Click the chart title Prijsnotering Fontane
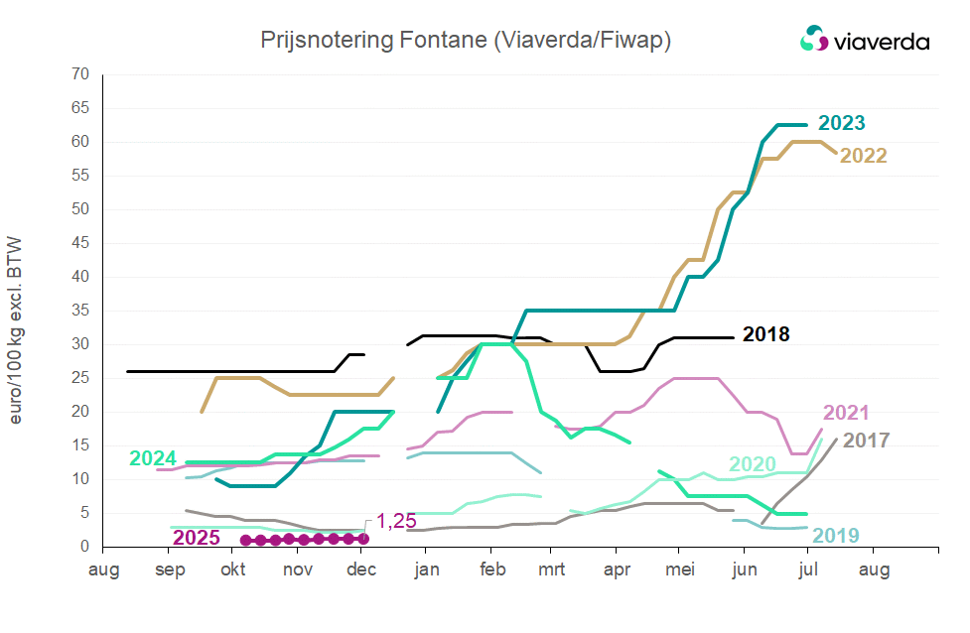466,40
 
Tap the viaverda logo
865,40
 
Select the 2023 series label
841,124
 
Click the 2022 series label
863,156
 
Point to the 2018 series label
765,334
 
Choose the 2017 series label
866,440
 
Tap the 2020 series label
754,464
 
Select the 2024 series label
153,458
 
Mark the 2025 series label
197,539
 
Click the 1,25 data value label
394,523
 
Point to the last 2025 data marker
363,539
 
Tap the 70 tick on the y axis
80,74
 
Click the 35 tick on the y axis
80,311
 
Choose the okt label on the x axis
233,570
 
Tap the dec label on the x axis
361,570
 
